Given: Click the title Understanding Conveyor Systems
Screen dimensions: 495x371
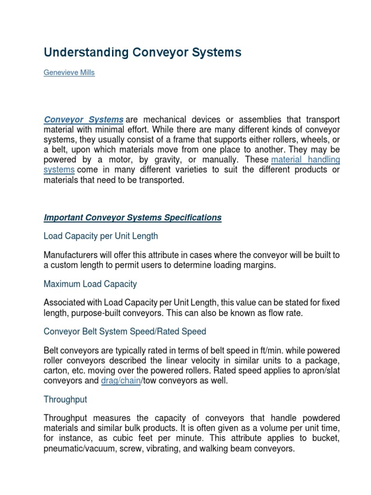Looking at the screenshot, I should point(143,53).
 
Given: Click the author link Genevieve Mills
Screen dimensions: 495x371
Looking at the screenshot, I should point(69,73).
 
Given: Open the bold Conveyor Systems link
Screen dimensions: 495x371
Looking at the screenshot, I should point(83,119).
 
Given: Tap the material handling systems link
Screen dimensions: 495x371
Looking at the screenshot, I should point(306,159).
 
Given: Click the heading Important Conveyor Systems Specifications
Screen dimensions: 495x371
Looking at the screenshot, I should point(132,218).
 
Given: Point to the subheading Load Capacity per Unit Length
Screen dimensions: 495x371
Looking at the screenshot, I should point(100,236).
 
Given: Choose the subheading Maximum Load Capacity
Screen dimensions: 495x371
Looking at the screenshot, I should point(90,284).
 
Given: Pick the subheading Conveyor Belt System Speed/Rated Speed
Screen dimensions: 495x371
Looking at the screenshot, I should point(125,332).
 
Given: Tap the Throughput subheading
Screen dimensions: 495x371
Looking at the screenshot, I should point(65,400).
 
